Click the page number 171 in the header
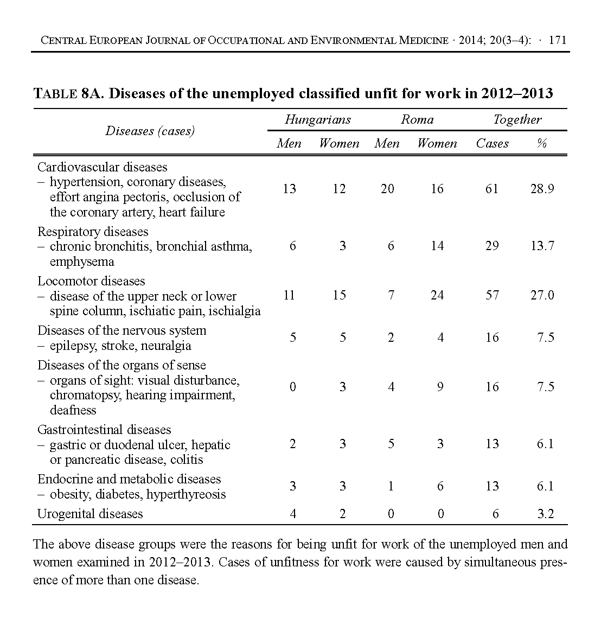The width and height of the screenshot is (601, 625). [558, 40]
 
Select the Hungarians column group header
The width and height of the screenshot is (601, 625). [317, 120]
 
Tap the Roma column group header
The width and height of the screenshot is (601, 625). [417, 120]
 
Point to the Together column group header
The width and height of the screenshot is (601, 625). [517, 120]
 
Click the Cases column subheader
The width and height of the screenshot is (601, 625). [492, 144]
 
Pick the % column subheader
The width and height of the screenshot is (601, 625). [541, 144]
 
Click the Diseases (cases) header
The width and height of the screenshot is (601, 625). [150, 131]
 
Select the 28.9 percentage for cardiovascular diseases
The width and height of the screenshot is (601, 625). [542, 189]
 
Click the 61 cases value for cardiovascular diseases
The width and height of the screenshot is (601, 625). [491, 189]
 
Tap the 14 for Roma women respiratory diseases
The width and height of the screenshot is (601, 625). [437, 246]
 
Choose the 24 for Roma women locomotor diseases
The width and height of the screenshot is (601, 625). [437, 296]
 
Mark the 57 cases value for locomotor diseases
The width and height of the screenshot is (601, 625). [491, 296]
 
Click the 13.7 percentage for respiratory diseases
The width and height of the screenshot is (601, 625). [542, 246]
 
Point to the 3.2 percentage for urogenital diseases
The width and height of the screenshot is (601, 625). [545, 514]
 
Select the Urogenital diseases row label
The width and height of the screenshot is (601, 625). [90, 514]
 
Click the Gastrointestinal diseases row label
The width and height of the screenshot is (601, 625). [104, 430]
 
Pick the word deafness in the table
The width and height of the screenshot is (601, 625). [73, 410]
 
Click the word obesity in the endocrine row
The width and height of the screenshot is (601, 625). [69, 494]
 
